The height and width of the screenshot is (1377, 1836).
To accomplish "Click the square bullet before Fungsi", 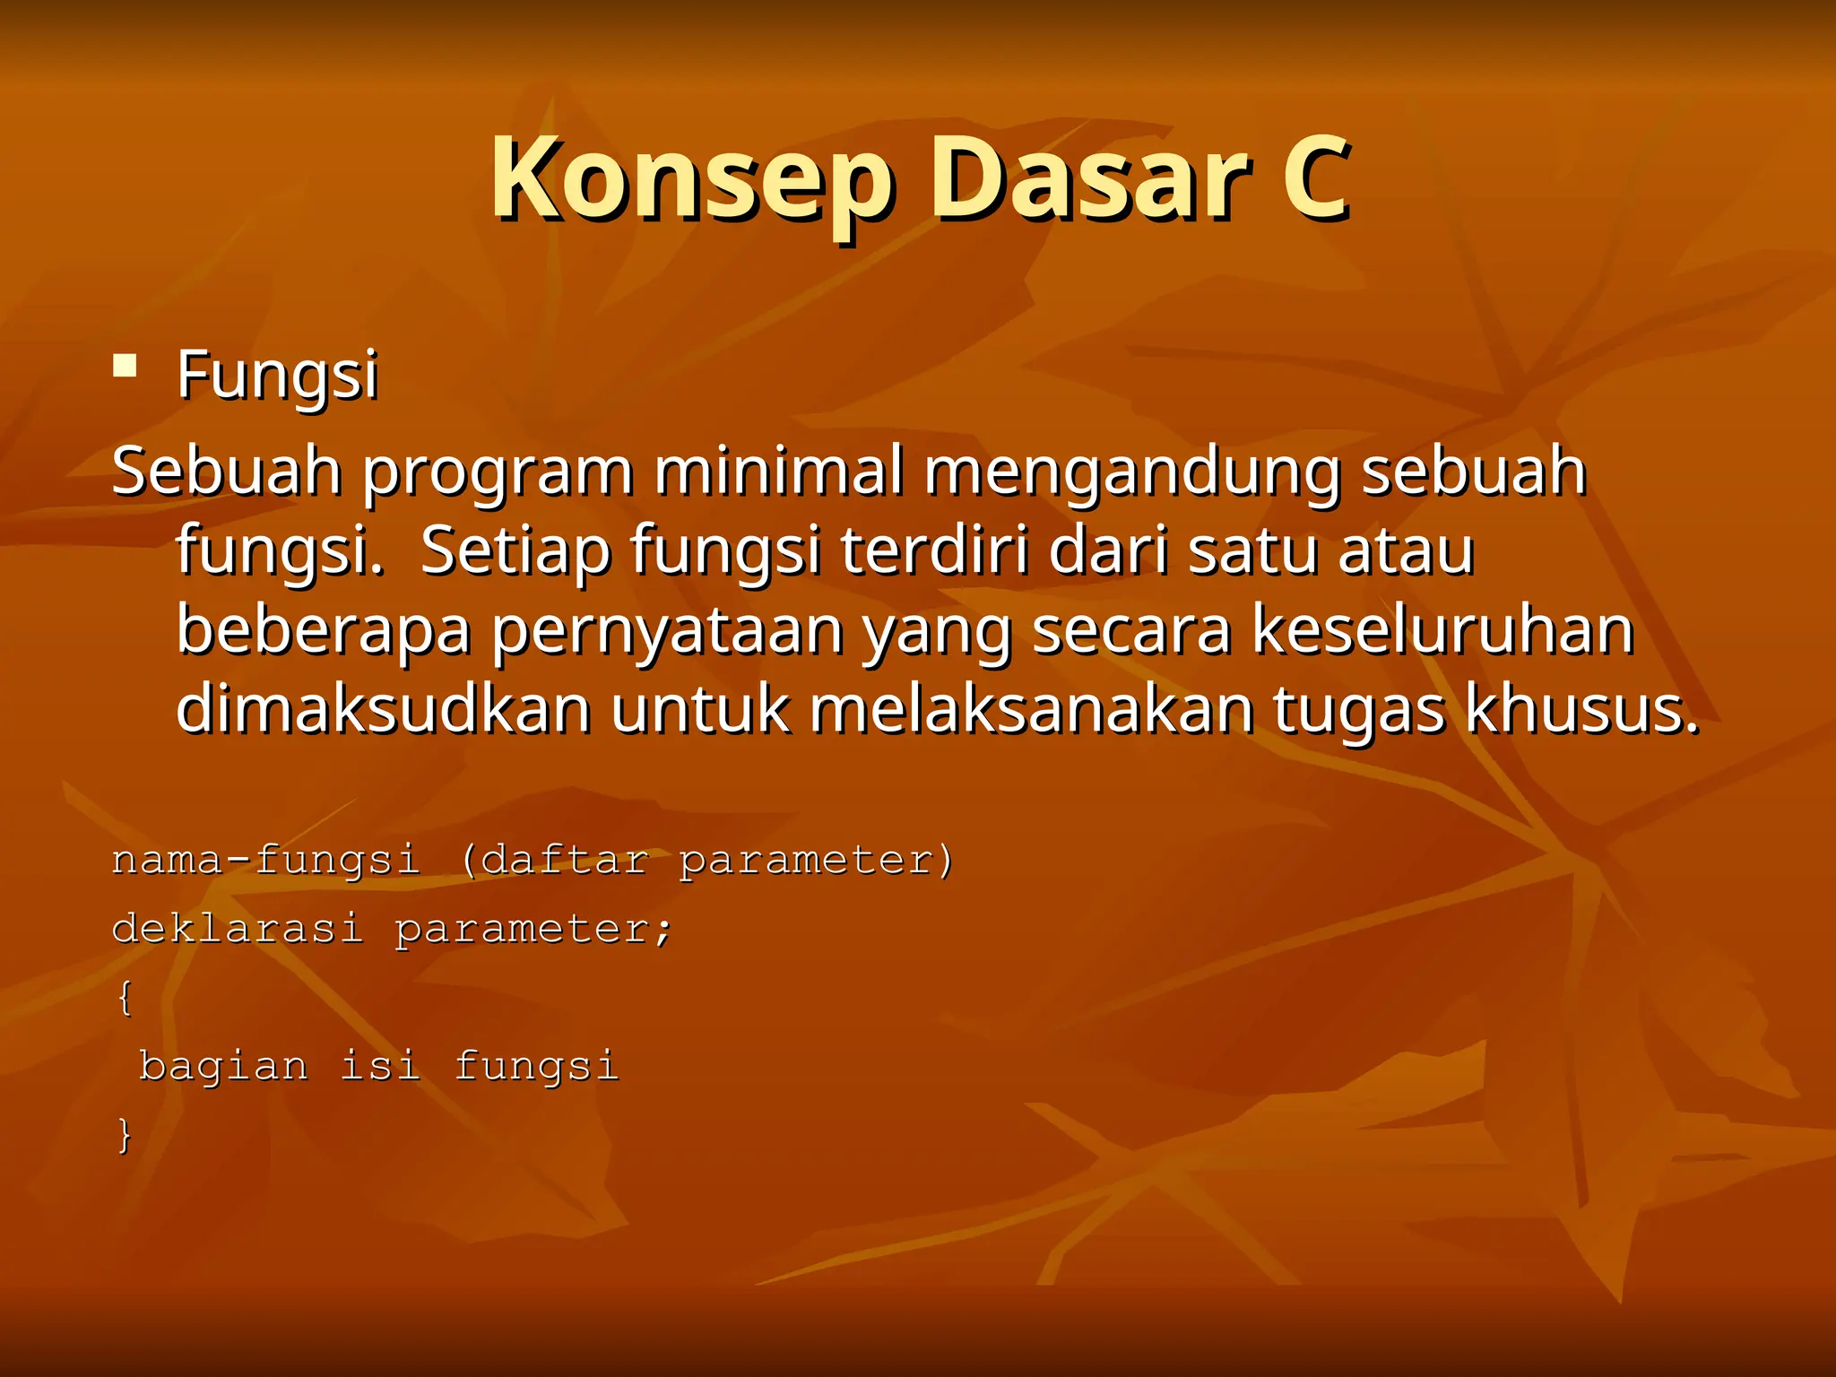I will click(x=125, y=366).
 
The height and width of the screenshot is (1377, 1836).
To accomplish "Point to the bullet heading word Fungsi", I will click(x=277, y=375).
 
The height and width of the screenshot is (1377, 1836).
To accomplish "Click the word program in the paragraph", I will click(x=498, y=472).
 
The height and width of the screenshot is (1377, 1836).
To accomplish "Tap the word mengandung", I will click(x=1132, y=472).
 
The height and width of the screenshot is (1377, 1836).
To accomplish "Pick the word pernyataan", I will click(x=667, y=632).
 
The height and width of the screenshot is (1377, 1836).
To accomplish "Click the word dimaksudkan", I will click(x=384, y=709).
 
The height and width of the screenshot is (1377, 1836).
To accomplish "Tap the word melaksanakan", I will click(x=1031, y=709).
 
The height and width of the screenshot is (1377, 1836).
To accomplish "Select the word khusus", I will click(x=1581, y=709).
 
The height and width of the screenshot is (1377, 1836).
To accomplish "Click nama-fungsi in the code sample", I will click(x=265, y=861).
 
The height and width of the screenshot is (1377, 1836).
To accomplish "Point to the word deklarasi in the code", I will click(x=238, y=929).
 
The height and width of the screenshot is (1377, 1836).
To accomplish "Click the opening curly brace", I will click(x=125, y=998).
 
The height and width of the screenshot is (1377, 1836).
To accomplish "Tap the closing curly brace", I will click(x=125, y=1135).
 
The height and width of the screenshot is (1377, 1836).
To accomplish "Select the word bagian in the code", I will click(x=223, y=1067).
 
